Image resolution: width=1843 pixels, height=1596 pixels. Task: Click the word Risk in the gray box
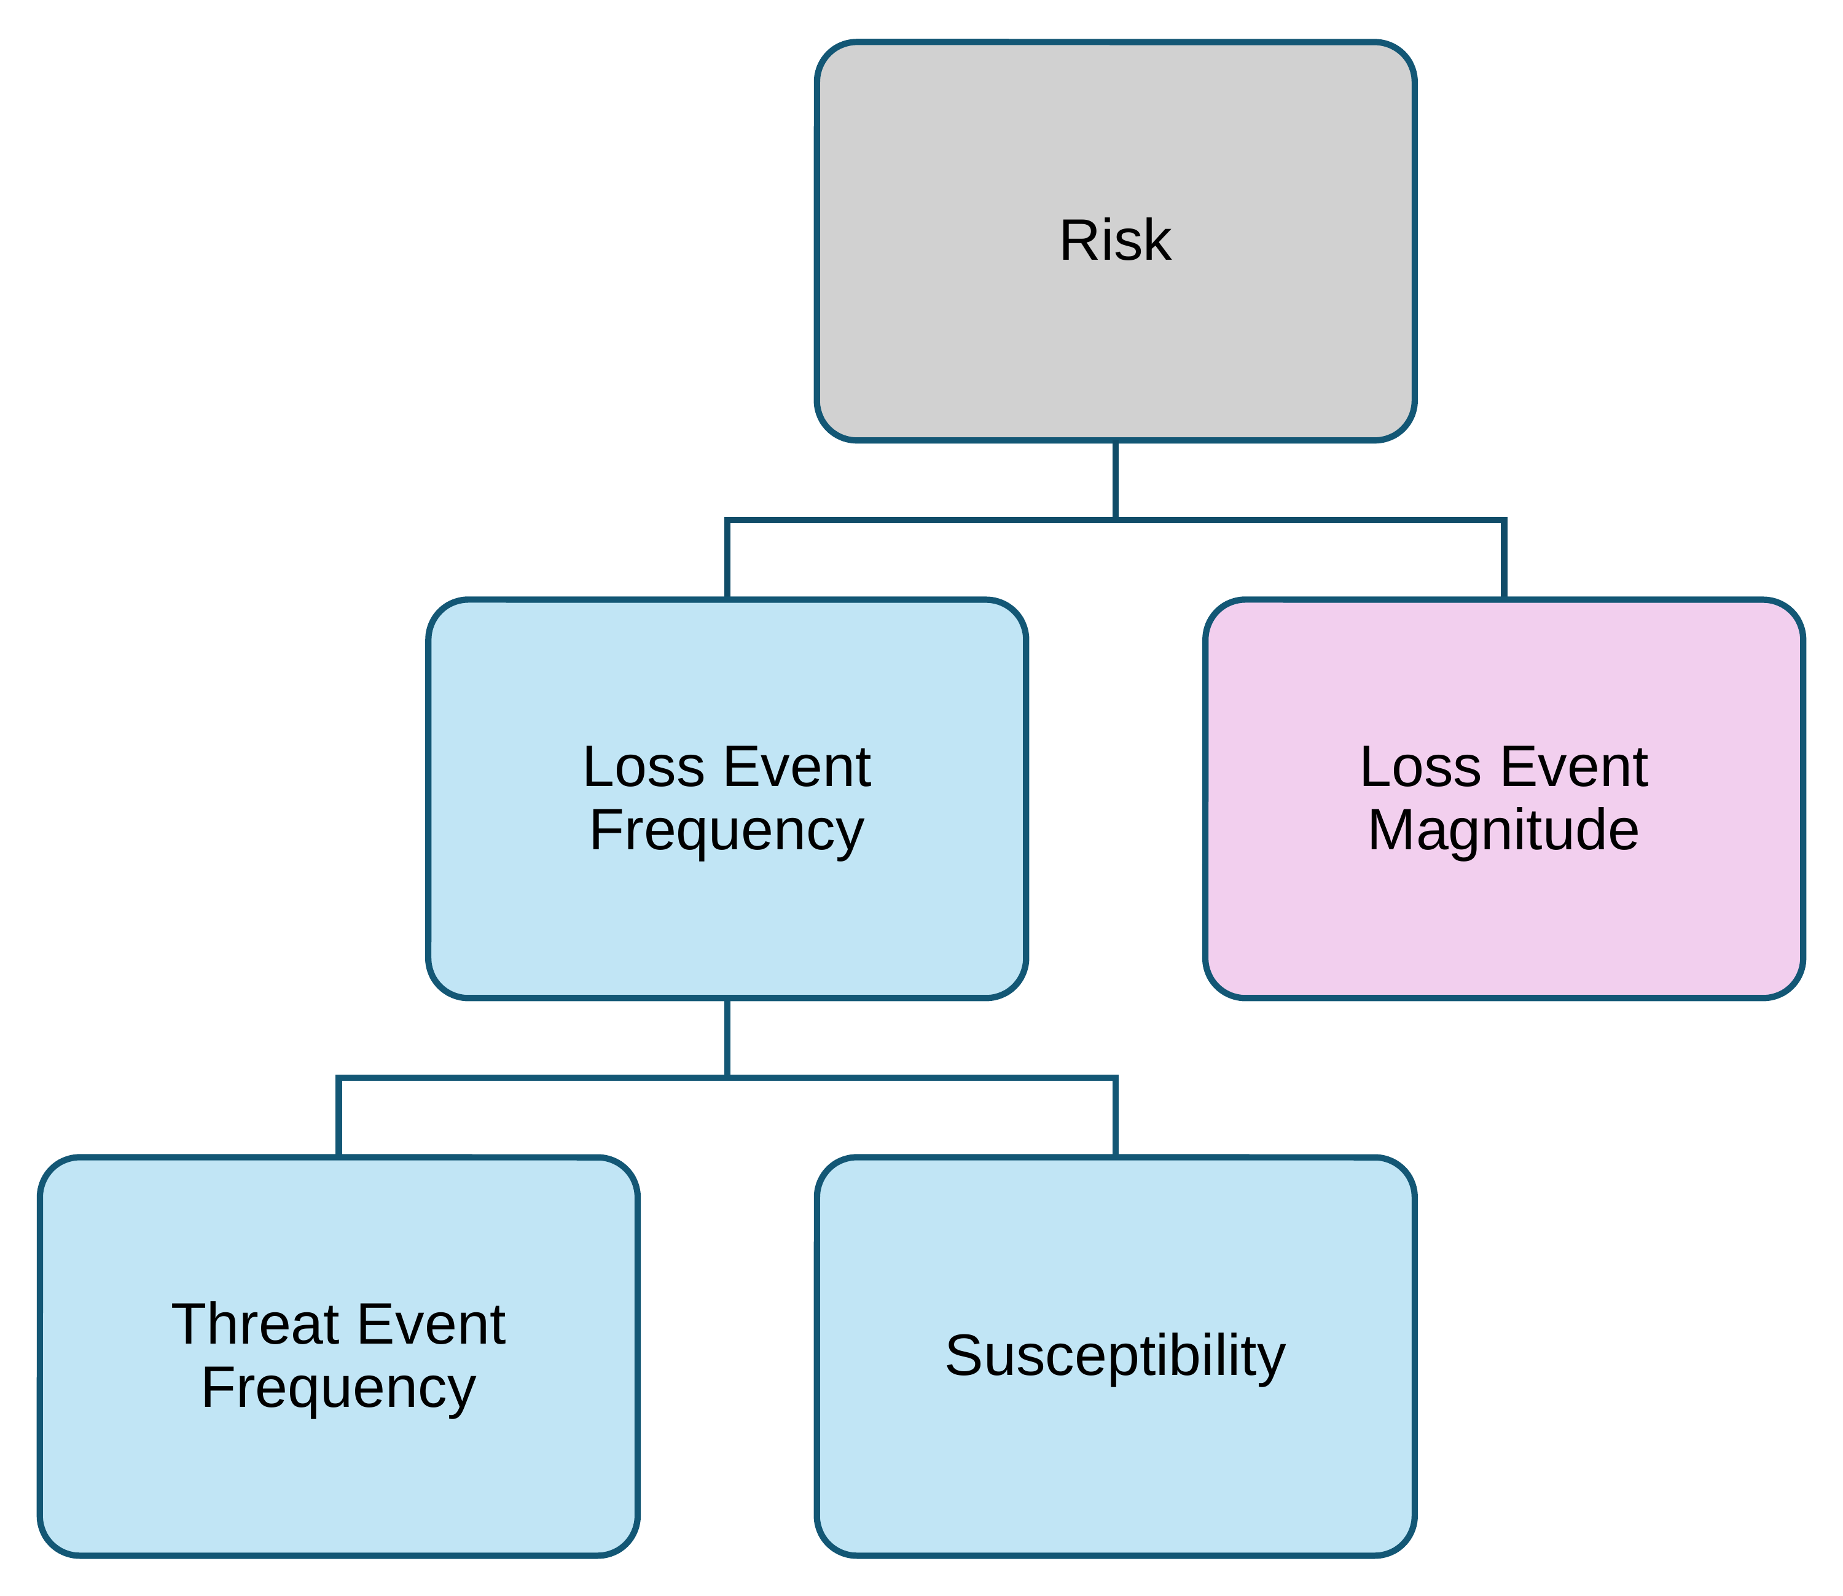[1115, 241]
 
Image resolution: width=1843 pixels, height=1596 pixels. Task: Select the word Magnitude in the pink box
[1504, 830]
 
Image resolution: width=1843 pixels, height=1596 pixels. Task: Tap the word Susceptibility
[1115, 1357]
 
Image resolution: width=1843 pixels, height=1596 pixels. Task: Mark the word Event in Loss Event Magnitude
[1574, 767]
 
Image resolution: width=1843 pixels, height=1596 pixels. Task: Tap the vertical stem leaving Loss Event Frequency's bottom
[728, 1038]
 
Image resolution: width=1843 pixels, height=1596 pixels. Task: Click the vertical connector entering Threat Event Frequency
[338, 1117]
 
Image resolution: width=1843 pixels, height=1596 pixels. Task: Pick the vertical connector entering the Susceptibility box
[1115, 1117]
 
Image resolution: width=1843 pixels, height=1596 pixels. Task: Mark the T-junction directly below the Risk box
[1115, 520]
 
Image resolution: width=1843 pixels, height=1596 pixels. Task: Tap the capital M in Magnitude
[1390, 830]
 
